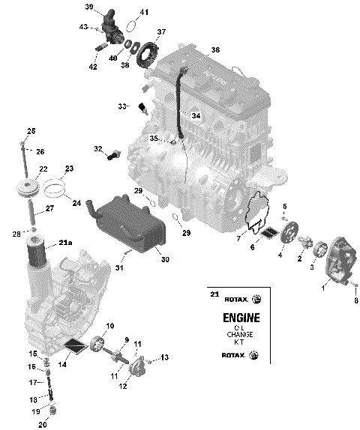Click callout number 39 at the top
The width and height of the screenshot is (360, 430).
click(88, 7)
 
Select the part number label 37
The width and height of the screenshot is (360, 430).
click(161, 32)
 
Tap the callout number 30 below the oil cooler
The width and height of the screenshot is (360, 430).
click(165, 259)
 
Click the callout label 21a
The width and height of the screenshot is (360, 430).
click(65, 242)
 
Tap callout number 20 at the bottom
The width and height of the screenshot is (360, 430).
click(42, 425)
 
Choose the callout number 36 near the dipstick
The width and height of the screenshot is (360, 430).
click(215, 50)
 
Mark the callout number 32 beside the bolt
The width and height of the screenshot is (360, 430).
click(97, 149)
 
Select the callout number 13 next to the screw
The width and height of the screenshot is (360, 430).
click(164, 357)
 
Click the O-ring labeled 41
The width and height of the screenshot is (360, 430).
click(128, 22)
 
